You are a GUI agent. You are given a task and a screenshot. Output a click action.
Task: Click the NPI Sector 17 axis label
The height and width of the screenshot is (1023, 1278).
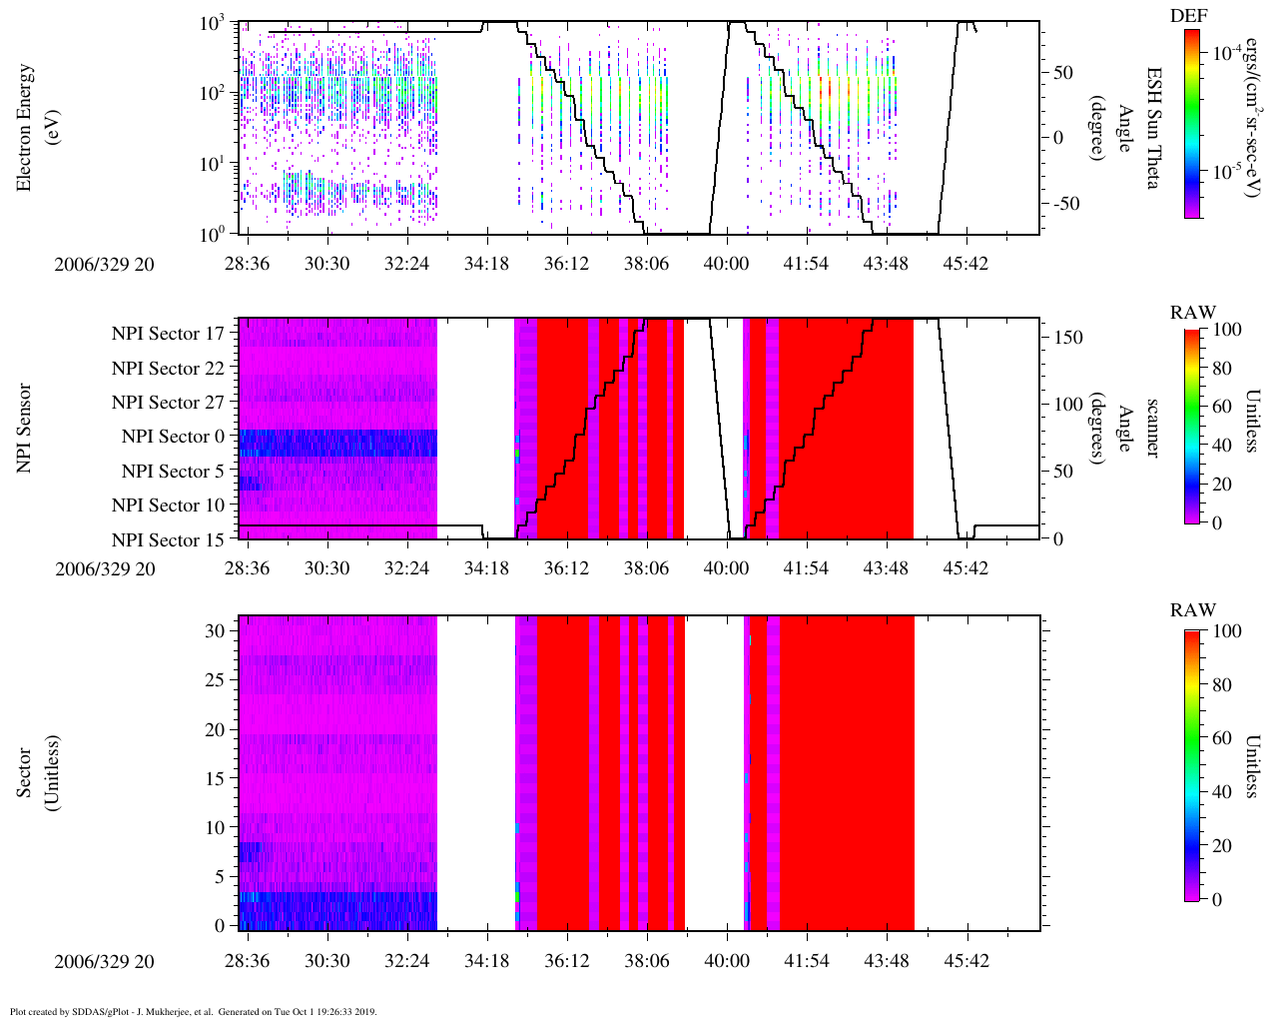click(168, 334)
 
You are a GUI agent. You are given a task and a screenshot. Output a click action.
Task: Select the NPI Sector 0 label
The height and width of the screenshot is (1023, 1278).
click(173, 437)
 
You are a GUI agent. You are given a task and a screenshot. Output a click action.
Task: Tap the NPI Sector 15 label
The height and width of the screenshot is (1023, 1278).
click(168, 540)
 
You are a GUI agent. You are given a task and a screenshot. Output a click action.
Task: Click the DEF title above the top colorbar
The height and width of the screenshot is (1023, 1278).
click(1188, 16)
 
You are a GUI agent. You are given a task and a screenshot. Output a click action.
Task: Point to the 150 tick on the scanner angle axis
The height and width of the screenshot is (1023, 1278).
click(1069, 338)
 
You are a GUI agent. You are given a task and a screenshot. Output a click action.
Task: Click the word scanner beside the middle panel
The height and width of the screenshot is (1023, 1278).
click(1153, 429)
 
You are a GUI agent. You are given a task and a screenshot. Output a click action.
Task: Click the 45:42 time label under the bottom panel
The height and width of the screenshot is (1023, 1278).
click(965, 961)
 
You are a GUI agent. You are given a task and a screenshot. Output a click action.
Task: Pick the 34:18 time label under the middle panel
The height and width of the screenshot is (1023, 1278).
click(486, 568)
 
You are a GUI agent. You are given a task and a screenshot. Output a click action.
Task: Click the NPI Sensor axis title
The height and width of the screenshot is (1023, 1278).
click(24, 429)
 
